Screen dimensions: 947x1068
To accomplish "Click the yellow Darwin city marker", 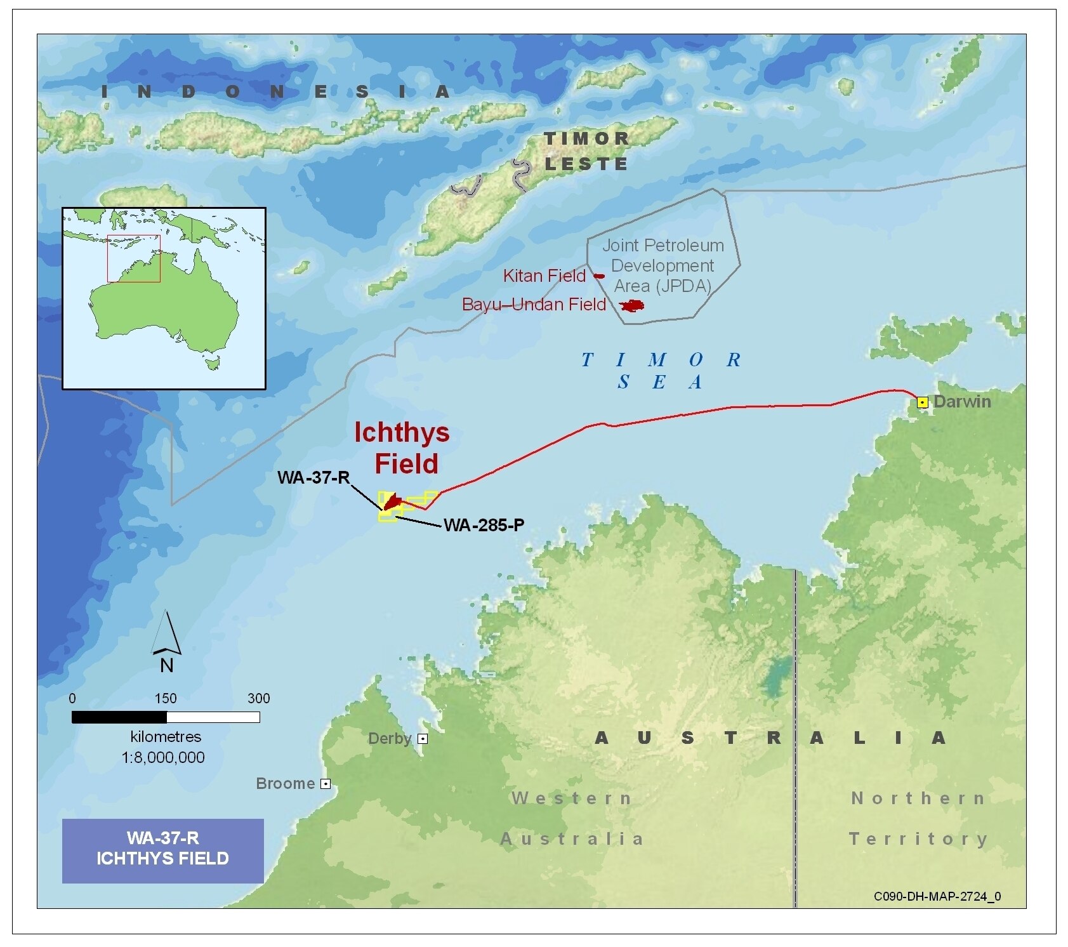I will (x=922, y=402).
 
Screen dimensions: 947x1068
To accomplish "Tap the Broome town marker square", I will (x=326, y=784).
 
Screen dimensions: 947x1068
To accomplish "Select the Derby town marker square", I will (x=423, y=739).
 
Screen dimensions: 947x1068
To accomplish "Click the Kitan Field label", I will (x=544, y=276).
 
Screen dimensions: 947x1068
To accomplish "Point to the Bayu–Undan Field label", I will (x=534, y=305).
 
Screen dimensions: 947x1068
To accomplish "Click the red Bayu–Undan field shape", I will (x=632, y=306).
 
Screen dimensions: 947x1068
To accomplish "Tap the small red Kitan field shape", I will (x=599, y=276).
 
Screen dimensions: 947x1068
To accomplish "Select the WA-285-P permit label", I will (x=484, y=526).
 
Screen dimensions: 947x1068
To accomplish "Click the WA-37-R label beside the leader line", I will (x=313, y=477).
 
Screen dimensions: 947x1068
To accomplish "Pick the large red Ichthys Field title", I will (x=403, y=447).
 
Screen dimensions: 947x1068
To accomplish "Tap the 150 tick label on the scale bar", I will (x=166, y=698).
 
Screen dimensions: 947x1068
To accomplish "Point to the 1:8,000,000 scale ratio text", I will (x=163, y=757).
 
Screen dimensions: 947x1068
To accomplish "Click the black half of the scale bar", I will (x=119, y=717).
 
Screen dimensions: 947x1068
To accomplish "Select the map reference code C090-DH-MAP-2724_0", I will (x=937, y=896).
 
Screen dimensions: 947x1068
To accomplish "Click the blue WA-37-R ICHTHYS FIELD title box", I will (x=163, y=851).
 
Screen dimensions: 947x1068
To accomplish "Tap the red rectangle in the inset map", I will (x=134, y=258).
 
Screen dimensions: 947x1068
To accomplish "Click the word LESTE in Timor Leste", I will (x=586, y=164).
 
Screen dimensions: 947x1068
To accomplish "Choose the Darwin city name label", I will (x=962, y=402).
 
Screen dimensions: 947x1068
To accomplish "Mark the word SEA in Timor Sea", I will (x=659, y=382).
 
